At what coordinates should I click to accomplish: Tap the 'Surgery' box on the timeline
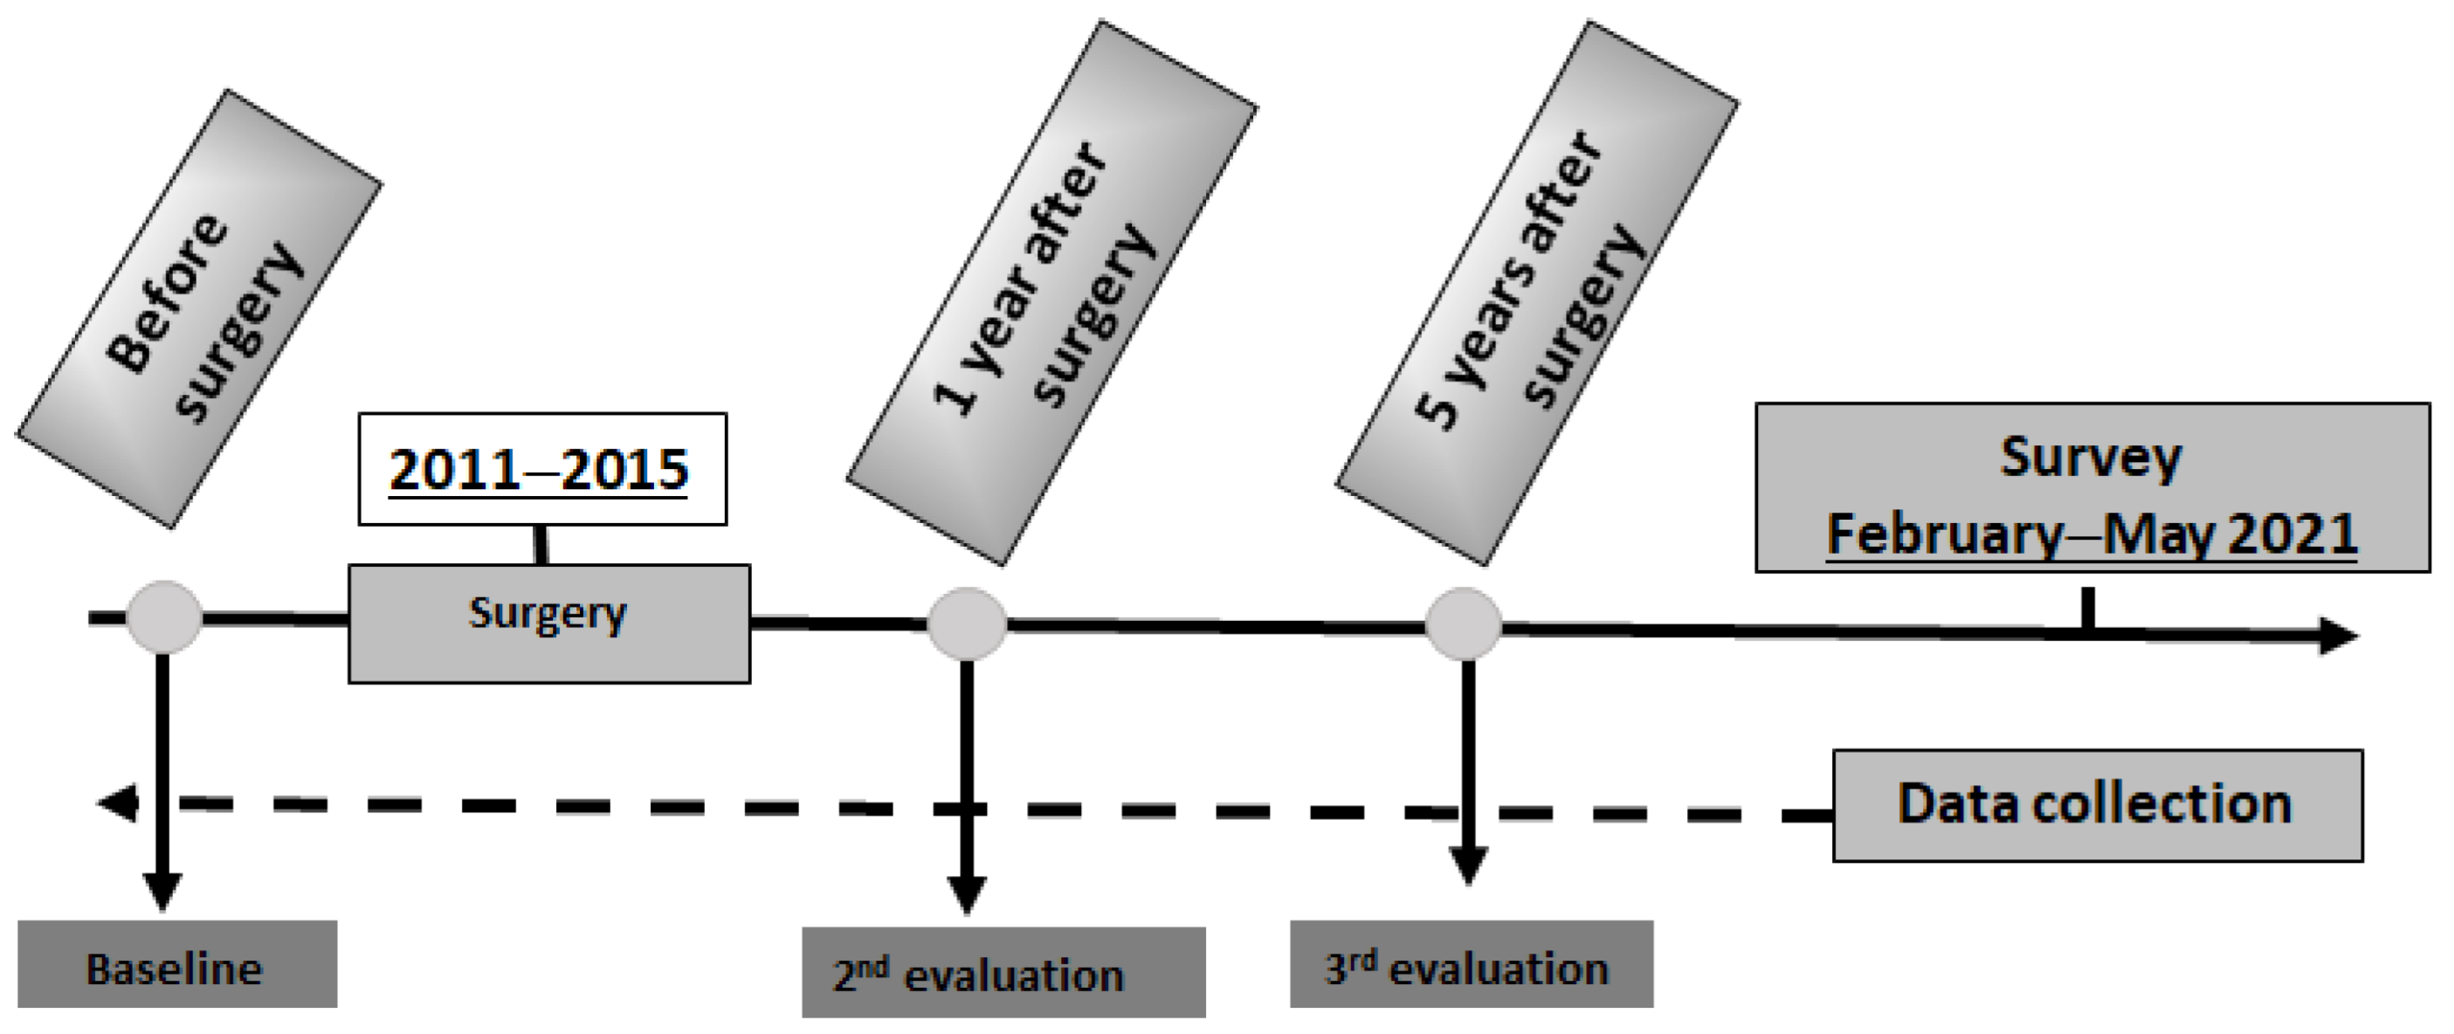[x=548, y=624]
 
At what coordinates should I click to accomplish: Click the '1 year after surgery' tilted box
[x=1051, y=293]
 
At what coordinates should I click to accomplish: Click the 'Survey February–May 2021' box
[x=2092, y=488]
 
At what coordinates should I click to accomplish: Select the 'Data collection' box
[x=2097, y=805]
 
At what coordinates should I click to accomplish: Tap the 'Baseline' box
[x=177, y=963]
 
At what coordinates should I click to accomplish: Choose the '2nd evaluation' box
[x=1003, y=972]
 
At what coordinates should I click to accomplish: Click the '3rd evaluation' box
[x=1471, y=963]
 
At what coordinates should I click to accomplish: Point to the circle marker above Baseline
[x=164, y=617]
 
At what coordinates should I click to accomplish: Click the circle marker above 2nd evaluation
[x=967, y=624]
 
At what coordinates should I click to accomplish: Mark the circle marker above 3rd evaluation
[x=1464, y=624]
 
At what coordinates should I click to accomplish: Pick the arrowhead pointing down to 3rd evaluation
[x=1468, y=865]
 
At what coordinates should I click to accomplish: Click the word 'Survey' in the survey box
[x=2090, y=458]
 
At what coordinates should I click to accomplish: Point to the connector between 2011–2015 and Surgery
[x=541, y=545]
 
